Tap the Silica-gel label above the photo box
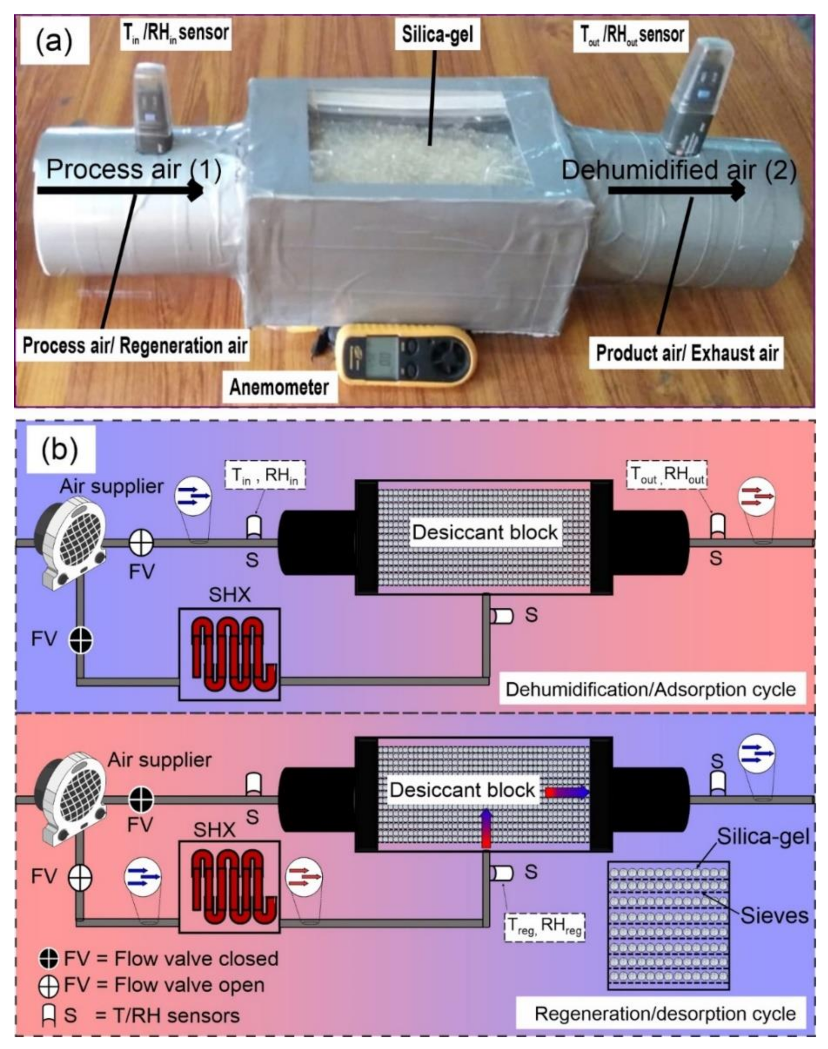point(437,35)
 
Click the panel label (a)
point(54,42)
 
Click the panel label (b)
point(60,450)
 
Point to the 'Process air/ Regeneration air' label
point(135,346)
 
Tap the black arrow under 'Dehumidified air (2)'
point(676,191)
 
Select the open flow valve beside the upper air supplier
point(141,542)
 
